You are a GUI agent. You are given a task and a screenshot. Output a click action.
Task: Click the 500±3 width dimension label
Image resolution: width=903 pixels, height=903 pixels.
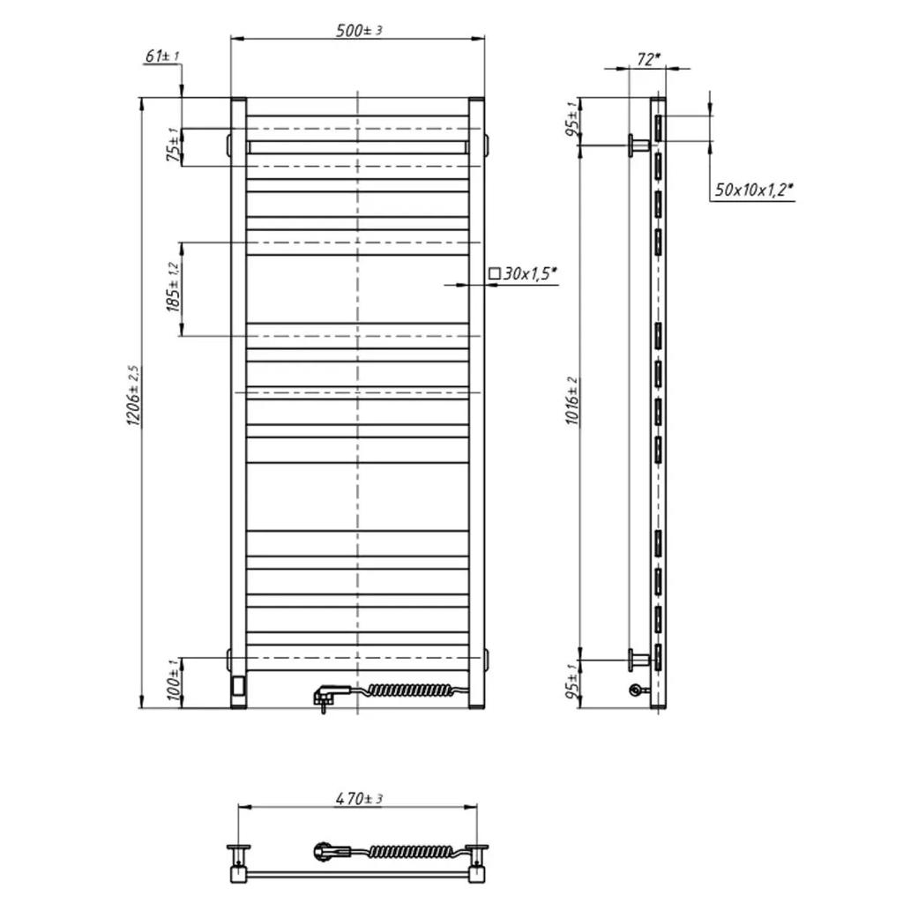(359, 30)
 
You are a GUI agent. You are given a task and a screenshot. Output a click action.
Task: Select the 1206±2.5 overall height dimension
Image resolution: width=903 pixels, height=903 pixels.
(133, 396)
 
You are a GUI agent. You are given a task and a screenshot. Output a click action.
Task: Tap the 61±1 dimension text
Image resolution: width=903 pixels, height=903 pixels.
(162, 56)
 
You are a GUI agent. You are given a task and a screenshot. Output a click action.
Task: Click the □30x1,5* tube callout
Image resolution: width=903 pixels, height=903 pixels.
(523, 273)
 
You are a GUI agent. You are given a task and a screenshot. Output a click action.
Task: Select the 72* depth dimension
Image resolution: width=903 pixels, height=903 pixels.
(648, 59)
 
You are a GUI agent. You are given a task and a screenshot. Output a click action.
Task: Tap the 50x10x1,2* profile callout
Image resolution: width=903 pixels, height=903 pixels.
(754, 190)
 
